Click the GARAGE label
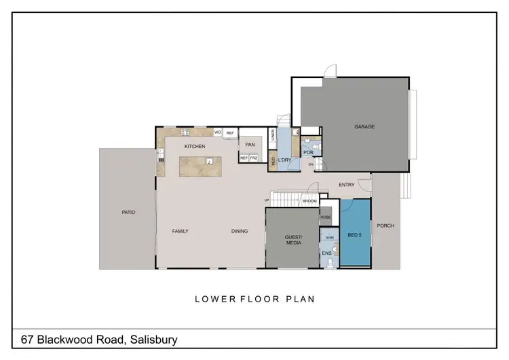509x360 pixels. [364, 126]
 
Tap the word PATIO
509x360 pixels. [128, 212]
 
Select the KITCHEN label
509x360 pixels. [195, 146]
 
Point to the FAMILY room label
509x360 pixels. [180, 231]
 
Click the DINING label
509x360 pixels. [239, 231]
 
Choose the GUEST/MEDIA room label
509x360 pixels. [293, 239]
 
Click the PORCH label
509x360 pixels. [385, 226]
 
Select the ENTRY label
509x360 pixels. [347, 185]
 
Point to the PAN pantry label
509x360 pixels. [250, 145]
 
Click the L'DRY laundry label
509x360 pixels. [286, 160]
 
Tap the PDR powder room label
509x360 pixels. [307, 153]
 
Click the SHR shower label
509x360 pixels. [330, 238]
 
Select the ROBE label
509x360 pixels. [325, 217]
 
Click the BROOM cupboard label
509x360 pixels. [310, 202]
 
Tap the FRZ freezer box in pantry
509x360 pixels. [254, 158]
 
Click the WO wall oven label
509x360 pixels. [218, 132]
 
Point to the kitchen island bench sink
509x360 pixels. [210, 161]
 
